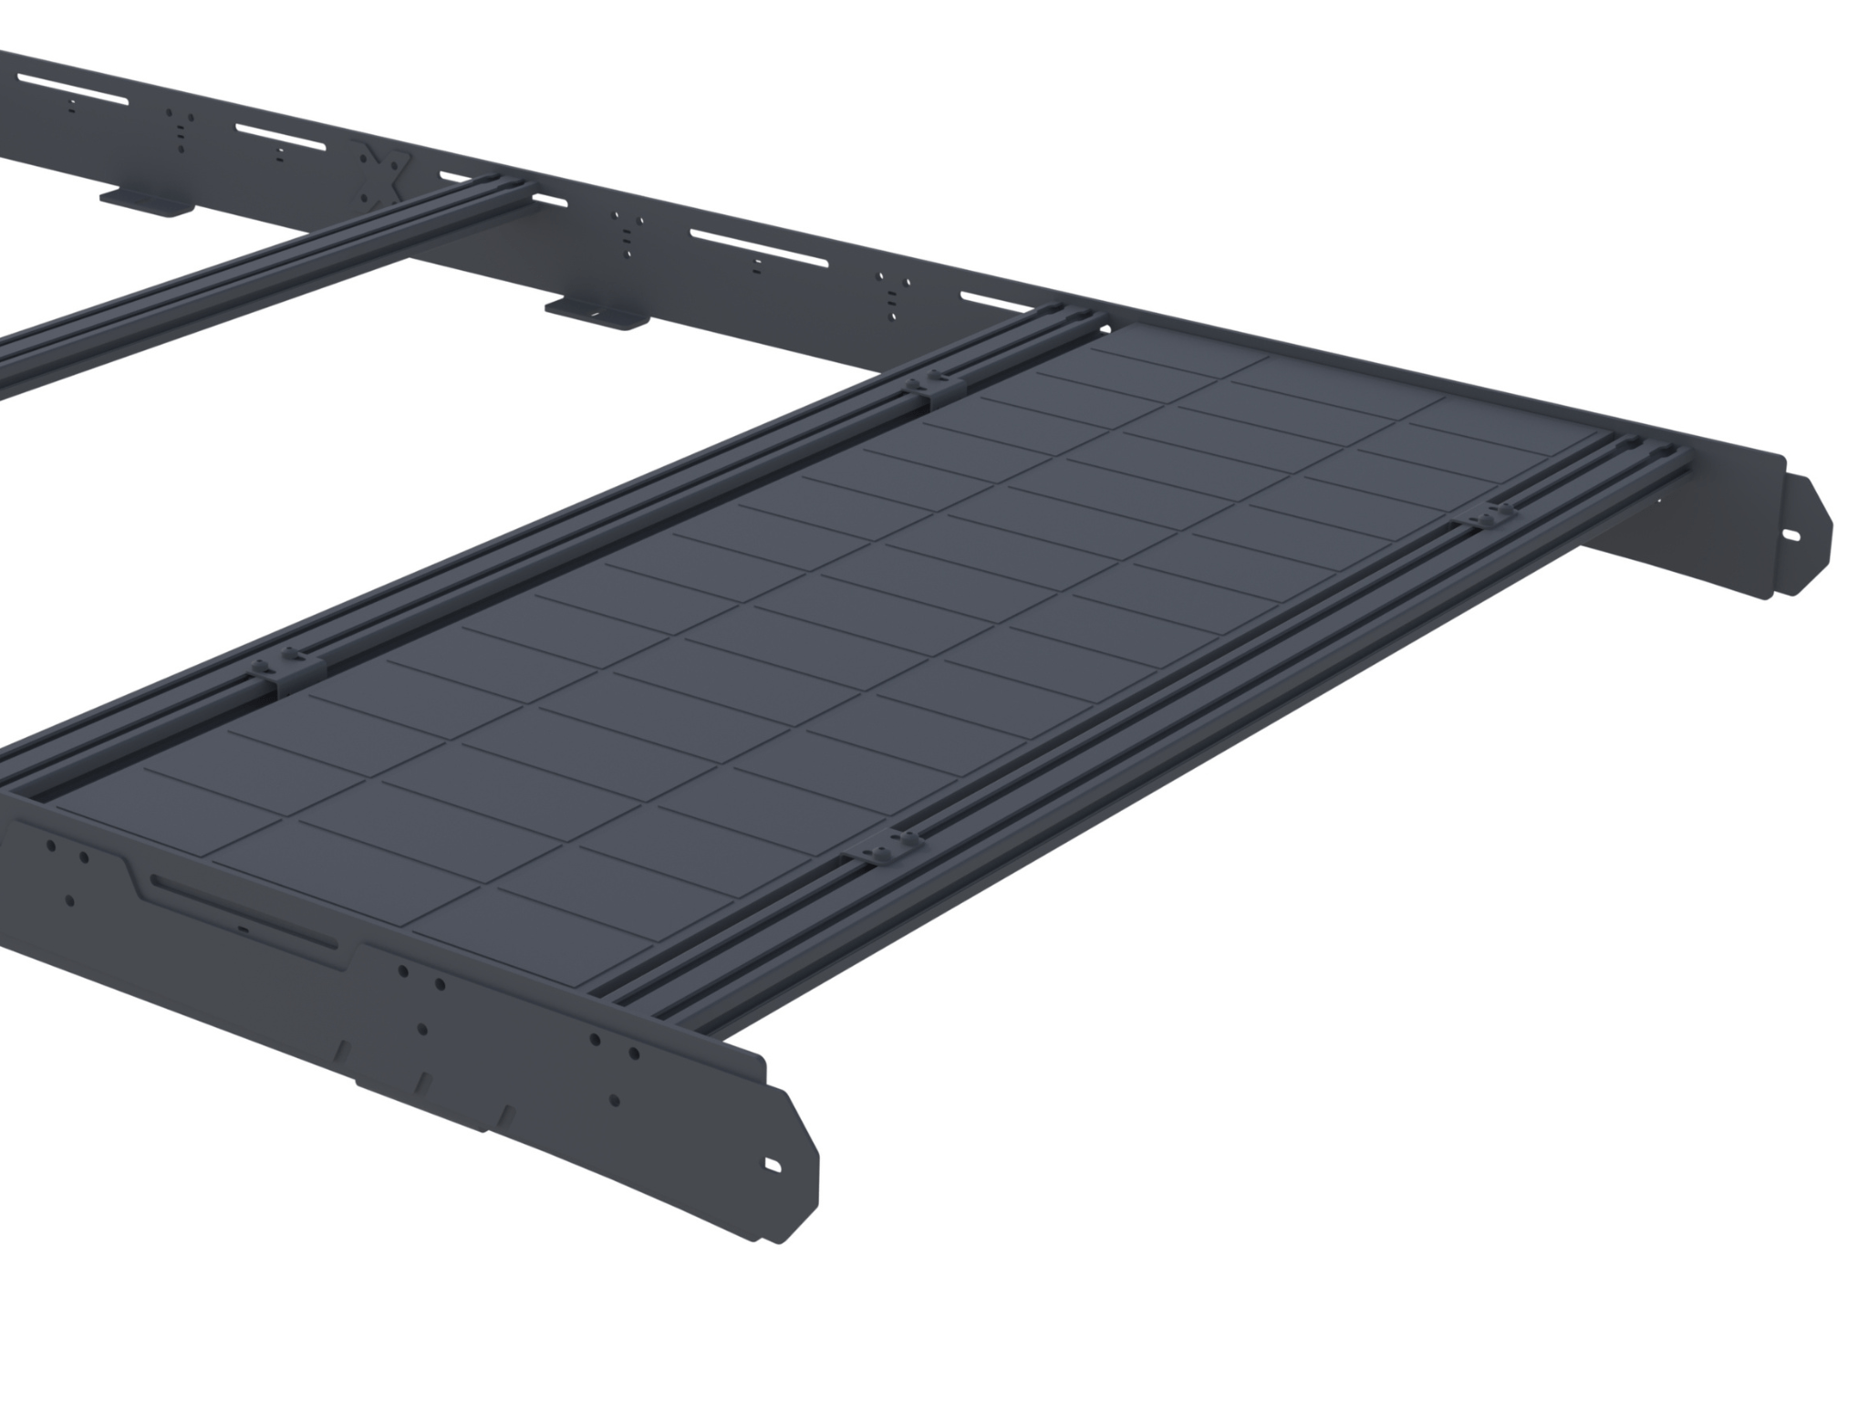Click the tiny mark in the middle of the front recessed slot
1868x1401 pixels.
pyautogui.click(x=243, y=925)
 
